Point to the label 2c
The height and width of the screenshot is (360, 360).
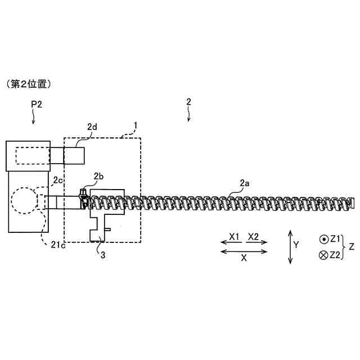pos(58,180)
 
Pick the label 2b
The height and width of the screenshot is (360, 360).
pos(98,177)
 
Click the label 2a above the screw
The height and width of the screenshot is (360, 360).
pos(245,183)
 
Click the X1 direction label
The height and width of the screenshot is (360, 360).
pos(235,237)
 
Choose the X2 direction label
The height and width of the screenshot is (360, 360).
pos(254,237)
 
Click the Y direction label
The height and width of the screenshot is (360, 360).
pos(296,245)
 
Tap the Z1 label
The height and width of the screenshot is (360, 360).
pos(335,239)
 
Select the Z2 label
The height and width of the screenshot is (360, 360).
pos(335,255)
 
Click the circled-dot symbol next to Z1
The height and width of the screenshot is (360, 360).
pos(323,239)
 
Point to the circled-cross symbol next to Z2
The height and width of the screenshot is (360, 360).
pos(323,255)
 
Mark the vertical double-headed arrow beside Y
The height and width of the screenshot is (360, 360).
pos(290,246)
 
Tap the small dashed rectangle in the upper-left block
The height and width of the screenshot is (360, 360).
pos(33,155)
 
